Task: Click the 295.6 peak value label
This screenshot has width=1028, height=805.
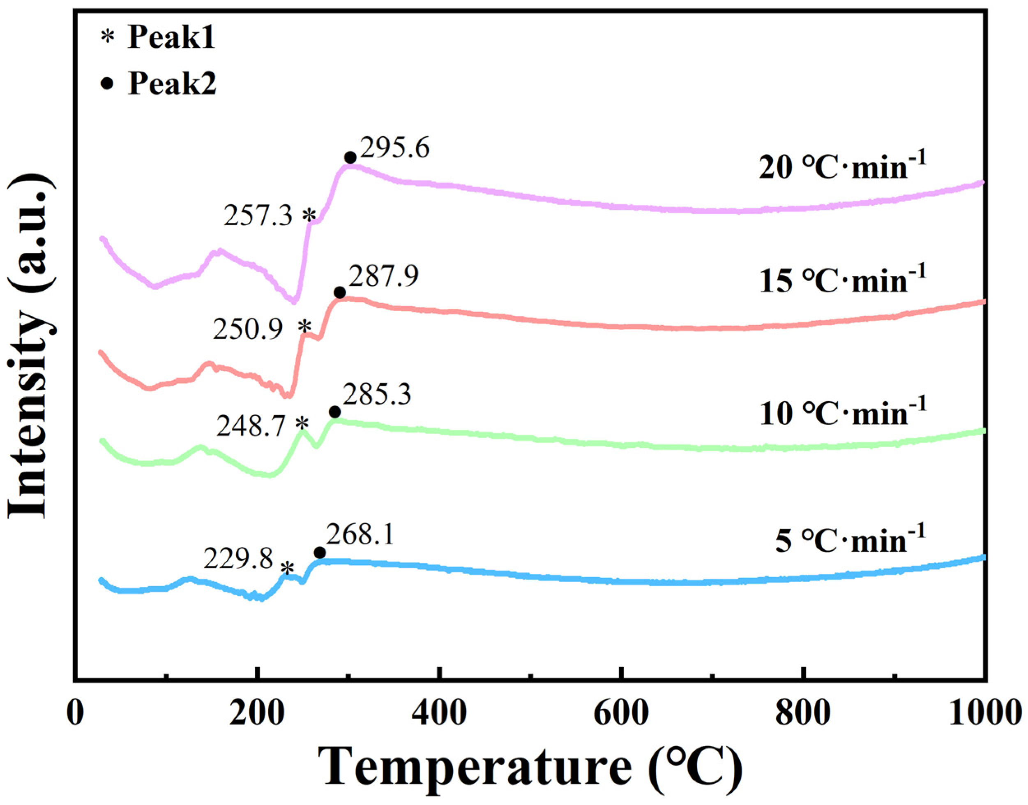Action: (x=394, y=149)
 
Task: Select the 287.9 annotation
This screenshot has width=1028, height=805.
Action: (x=383, y=277)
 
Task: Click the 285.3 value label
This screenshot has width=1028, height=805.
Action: (x=377, y=395)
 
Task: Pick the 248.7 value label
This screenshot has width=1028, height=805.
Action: (x=251, y=427)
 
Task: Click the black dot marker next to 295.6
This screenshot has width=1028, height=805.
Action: (x=350, y=157)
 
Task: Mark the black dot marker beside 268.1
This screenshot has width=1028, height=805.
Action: (x=319, y=553)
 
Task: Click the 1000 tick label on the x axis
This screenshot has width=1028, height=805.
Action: (x=982, y=713)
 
